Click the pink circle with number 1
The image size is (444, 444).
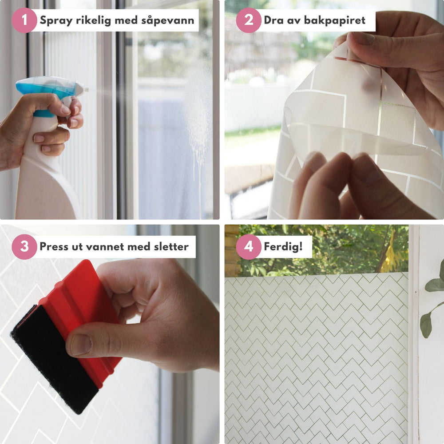point(24,20)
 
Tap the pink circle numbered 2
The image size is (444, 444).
point(248,20)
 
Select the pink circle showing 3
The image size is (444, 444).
point(24,246)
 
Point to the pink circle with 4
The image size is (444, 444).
point(248,246)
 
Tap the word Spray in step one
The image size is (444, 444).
point(56,21)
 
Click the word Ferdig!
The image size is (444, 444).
point(283,246)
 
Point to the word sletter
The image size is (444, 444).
point(171,246)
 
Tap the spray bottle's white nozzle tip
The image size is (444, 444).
point(83,89)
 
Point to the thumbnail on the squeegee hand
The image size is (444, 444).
point(81,345)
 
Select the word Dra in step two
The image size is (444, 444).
point(273,20)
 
